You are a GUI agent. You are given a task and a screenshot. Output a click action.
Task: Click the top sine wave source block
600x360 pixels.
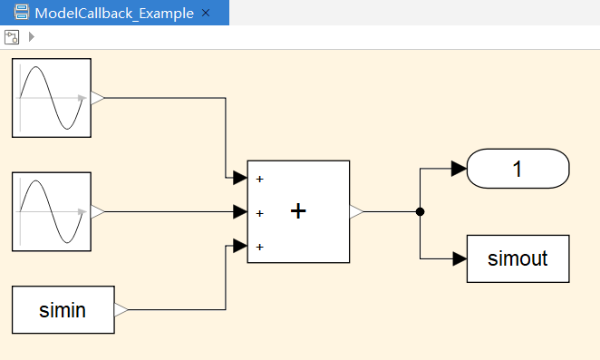(52, 98)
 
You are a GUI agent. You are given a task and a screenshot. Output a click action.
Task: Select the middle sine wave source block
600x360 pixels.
(52, 211)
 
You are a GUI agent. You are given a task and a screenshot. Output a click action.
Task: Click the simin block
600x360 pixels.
(63, 310)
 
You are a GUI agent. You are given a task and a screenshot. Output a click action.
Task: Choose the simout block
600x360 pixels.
(518, 259)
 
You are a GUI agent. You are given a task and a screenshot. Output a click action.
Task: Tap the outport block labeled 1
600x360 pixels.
(518, 169)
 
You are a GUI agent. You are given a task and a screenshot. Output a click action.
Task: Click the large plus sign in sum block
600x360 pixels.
(298, 211)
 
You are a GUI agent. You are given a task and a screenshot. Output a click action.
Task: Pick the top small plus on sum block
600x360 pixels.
(260, 179)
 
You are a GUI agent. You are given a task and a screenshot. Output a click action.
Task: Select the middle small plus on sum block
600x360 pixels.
(260, 213)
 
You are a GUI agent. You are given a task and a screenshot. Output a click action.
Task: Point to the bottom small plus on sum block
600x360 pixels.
(260, 247)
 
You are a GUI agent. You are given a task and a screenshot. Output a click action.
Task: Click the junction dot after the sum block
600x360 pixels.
(421, 211)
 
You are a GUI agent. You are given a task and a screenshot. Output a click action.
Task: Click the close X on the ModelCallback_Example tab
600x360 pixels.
(206, 13)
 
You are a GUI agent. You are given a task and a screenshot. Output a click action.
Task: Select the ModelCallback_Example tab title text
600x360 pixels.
(114, 14)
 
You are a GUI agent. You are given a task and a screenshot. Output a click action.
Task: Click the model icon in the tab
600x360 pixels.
(22, 13)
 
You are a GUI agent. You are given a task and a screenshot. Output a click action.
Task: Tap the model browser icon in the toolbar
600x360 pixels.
(12, 37)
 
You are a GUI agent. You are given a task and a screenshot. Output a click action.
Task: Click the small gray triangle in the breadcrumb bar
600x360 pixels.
(32, 37)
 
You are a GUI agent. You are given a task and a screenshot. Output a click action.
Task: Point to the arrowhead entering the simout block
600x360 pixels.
(460, 259)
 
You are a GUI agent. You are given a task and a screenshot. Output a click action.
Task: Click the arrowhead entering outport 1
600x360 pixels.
(459, 169)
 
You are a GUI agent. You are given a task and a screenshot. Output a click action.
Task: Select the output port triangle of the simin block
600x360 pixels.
(121, 310)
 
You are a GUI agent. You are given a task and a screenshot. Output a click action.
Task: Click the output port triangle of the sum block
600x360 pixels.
(356, 211)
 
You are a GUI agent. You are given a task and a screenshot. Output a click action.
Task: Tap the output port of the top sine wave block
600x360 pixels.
(98, 98)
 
